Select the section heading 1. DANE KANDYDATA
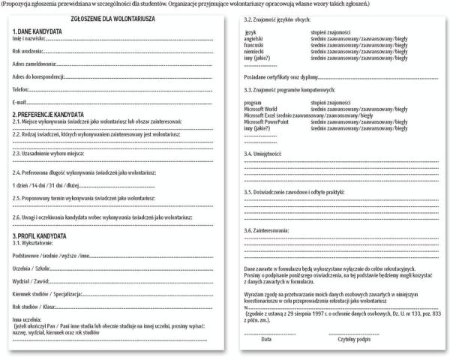coord(38,31)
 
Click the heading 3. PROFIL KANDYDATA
coord(45,236)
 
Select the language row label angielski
coord(255,37)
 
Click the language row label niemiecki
coord(255,50)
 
